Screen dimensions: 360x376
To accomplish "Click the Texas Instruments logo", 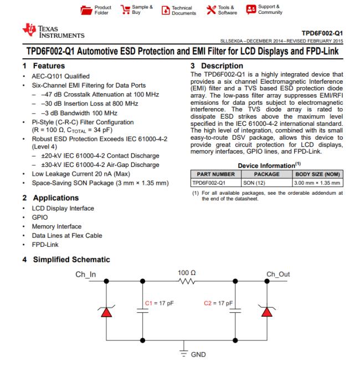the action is click(x=53, y=31).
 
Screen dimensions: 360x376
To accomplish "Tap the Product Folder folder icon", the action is click(x=86, y=10).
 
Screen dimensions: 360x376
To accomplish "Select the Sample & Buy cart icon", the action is click(x=125, y=9).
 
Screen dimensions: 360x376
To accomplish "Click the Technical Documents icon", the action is click(x=166, y=11).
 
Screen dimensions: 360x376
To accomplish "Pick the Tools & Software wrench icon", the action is click(x=211, y=10).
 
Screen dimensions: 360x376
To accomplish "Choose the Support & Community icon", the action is click(x=251, y=9).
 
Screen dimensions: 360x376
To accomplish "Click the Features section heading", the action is click(x=44, y=65).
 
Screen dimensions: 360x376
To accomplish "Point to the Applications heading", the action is click(x=51, y=198).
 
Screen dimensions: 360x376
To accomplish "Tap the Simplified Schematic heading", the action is click(x=66, y=260).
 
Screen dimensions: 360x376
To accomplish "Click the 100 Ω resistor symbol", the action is click(x=187, y=281).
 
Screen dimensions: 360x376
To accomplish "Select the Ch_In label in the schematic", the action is click(x=86, y=275).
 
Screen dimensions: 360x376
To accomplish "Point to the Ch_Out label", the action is click(x=278, y=275).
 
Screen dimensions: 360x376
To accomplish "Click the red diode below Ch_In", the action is click(x=106, y=312).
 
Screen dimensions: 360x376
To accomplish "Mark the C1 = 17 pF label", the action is click(x=160, y=303).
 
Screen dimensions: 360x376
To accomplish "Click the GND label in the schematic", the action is click(x=198, y=355).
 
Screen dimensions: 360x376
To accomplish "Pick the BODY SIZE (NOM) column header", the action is click(x=317, y=174).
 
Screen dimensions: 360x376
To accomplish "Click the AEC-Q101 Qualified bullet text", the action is click(x=61, y=77).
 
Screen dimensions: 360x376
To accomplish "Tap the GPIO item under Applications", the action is click(x=40, y=217).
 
